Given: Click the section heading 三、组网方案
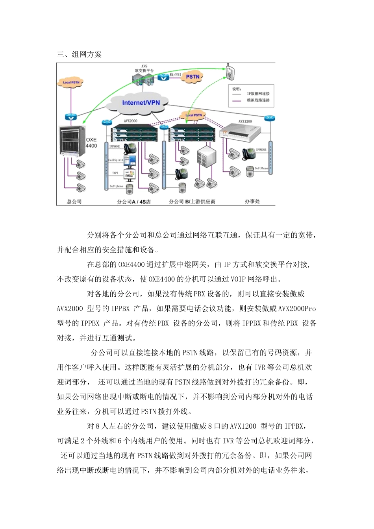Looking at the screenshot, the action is click(79, 55).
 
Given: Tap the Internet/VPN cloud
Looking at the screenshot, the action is click(141, 103).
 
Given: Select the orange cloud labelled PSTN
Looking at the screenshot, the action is click(193, 77).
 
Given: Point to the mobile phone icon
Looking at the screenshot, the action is click(230, 71).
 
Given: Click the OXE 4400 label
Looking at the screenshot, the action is click(91, 142).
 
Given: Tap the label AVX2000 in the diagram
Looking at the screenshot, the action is click(130, 121).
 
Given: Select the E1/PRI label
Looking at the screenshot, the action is click(175, 74).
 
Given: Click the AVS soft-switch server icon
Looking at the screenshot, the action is click(143, 80).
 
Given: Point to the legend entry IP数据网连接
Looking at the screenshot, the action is click(258, 94).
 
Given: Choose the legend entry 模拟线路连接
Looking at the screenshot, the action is click(258, 100).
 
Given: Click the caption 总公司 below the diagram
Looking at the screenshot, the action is click(74, 202).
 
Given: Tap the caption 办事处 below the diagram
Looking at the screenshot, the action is click(252, 201).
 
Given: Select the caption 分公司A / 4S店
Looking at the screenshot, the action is click(134, 202).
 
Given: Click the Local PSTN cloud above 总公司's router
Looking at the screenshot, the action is click(71, 83).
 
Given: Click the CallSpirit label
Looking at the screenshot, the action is click(116, 160).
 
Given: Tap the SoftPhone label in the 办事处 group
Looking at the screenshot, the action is click(261, 168).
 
